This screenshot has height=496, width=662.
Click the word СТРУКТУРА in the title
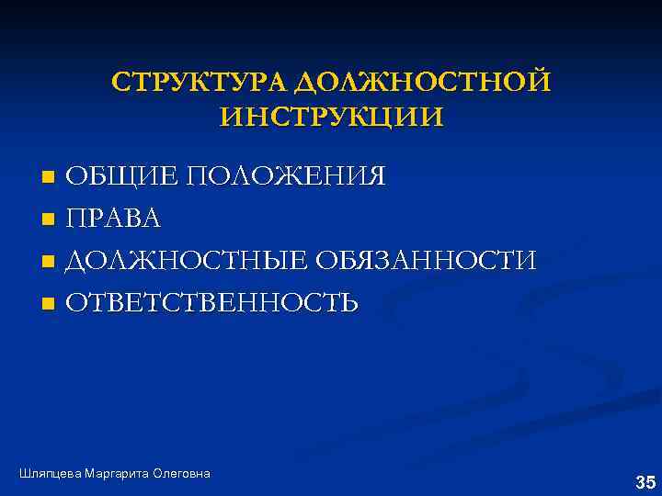(200, 83)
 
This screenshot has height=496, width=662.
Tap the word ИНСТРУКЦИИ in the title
(332, 118)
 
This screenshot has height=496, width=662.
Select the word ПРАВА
(114, 218)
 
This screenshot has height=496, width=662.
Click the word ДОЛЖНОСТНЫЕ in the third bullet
(187, 260)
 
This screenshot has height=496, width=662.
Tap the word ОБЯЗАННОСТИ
(426, 260)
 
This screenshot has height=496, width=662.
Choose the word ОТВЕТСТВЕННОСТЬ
(212, 302)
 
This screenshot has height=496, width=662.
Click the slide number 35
(645, 481)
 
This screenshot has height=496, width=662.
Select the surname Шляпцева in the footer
(49, 473)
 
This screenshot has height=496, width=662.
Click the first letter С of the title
(120, 83)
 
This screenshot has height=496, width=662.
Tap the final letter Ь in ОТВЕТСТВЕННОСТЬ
(348, 302)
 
